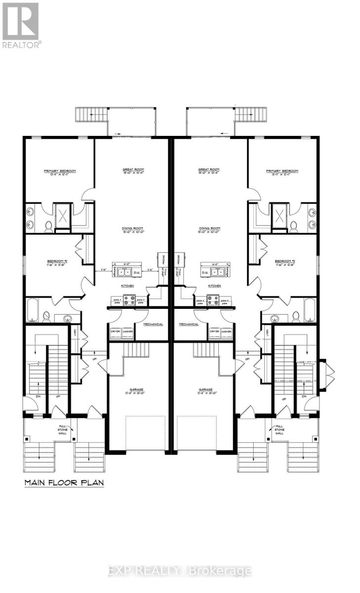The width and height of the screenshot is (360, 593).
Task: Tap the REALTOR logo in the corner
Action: tap(21, 24)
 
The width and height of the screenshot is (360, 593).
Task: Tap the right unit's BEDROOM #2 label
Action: tap(284, 262)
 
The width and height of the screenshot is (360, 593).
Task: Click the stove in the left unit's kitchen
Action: tap(129, 299)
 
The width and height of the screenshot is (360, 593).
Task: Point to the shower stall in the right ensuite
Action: tap(280, 215)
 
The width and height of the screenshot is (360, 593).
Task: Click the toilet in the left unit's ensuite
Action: tap(49, 227)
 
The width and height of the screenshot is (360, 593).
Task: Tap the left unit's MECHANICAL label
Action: tap(154, 325)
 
